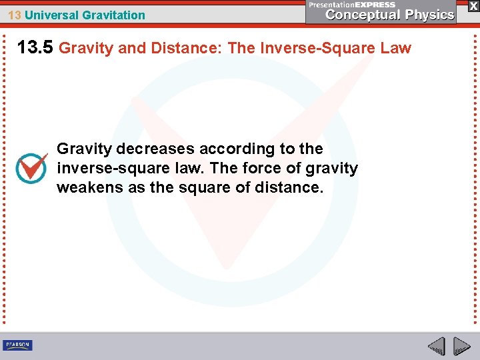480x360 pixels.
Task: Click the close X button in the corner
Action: click(x=473, y=6)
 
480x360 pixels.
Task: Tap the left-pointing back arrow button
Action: click(x=437, y=346)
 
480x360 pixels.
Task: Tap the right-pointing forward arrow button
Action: click(x=461, y=346)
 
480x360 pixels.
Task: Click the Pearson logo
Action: click(x=17, y=345)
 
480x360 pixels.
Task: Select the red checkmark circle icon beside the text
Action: click(x=31, y=167)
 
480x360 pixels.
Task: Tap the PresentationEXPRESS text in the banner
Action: click(x=353, y=5)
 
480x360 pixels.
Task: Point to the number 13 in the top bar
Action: click(x=14, y=15)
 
